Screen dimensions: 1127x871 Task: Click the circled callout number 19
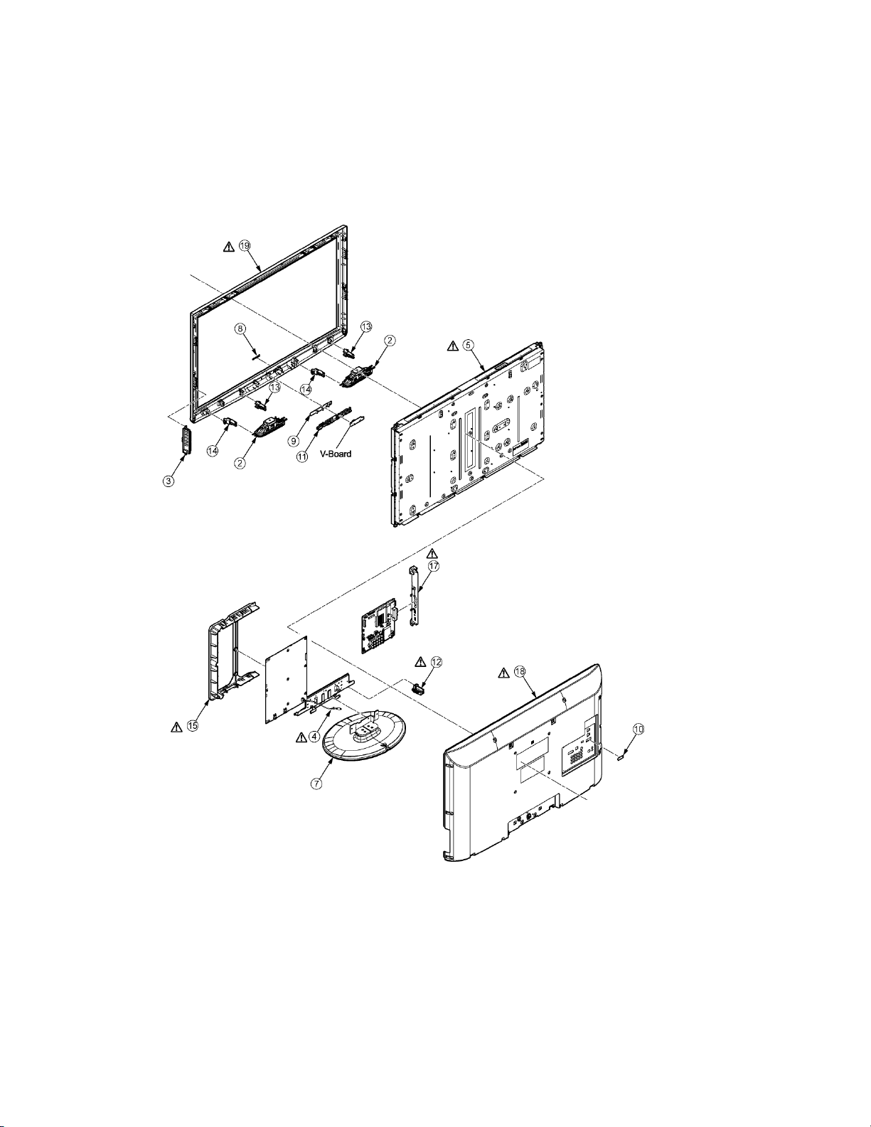tap(245, 245)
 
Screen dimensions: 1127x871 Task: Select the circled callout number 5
tap(468, 345)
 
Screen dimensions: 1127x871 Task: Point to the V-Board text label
tap(336, 453)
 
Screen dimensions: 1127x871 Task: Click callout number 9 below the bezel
tap(294, 440)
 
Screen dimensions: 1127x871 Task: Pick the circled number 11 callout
tap(302, 456)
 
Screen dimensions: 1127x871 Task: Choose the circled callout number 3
tap(168, 481)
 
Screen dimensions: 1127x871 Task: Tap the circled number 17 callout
tap(434, 566)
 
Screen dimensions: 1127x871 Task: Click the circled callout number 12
tap(436, 661)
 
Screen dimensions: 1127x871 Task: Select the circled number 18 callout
tap(520, 671)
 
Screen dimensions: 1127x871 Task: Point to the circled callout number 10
tap(638, 730)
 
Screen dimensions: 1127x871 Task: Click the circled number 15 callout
tap(192, 726)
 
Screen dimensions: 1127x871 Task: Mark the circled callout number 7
tap(318, 784)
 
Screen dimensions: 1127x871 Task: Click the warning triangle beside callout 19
tap(228, 247)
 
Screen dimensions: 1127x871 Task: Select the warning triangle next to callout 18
tap(504, 672)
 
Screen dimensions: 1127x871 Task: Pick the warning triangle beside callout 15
tap(176, 727)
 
